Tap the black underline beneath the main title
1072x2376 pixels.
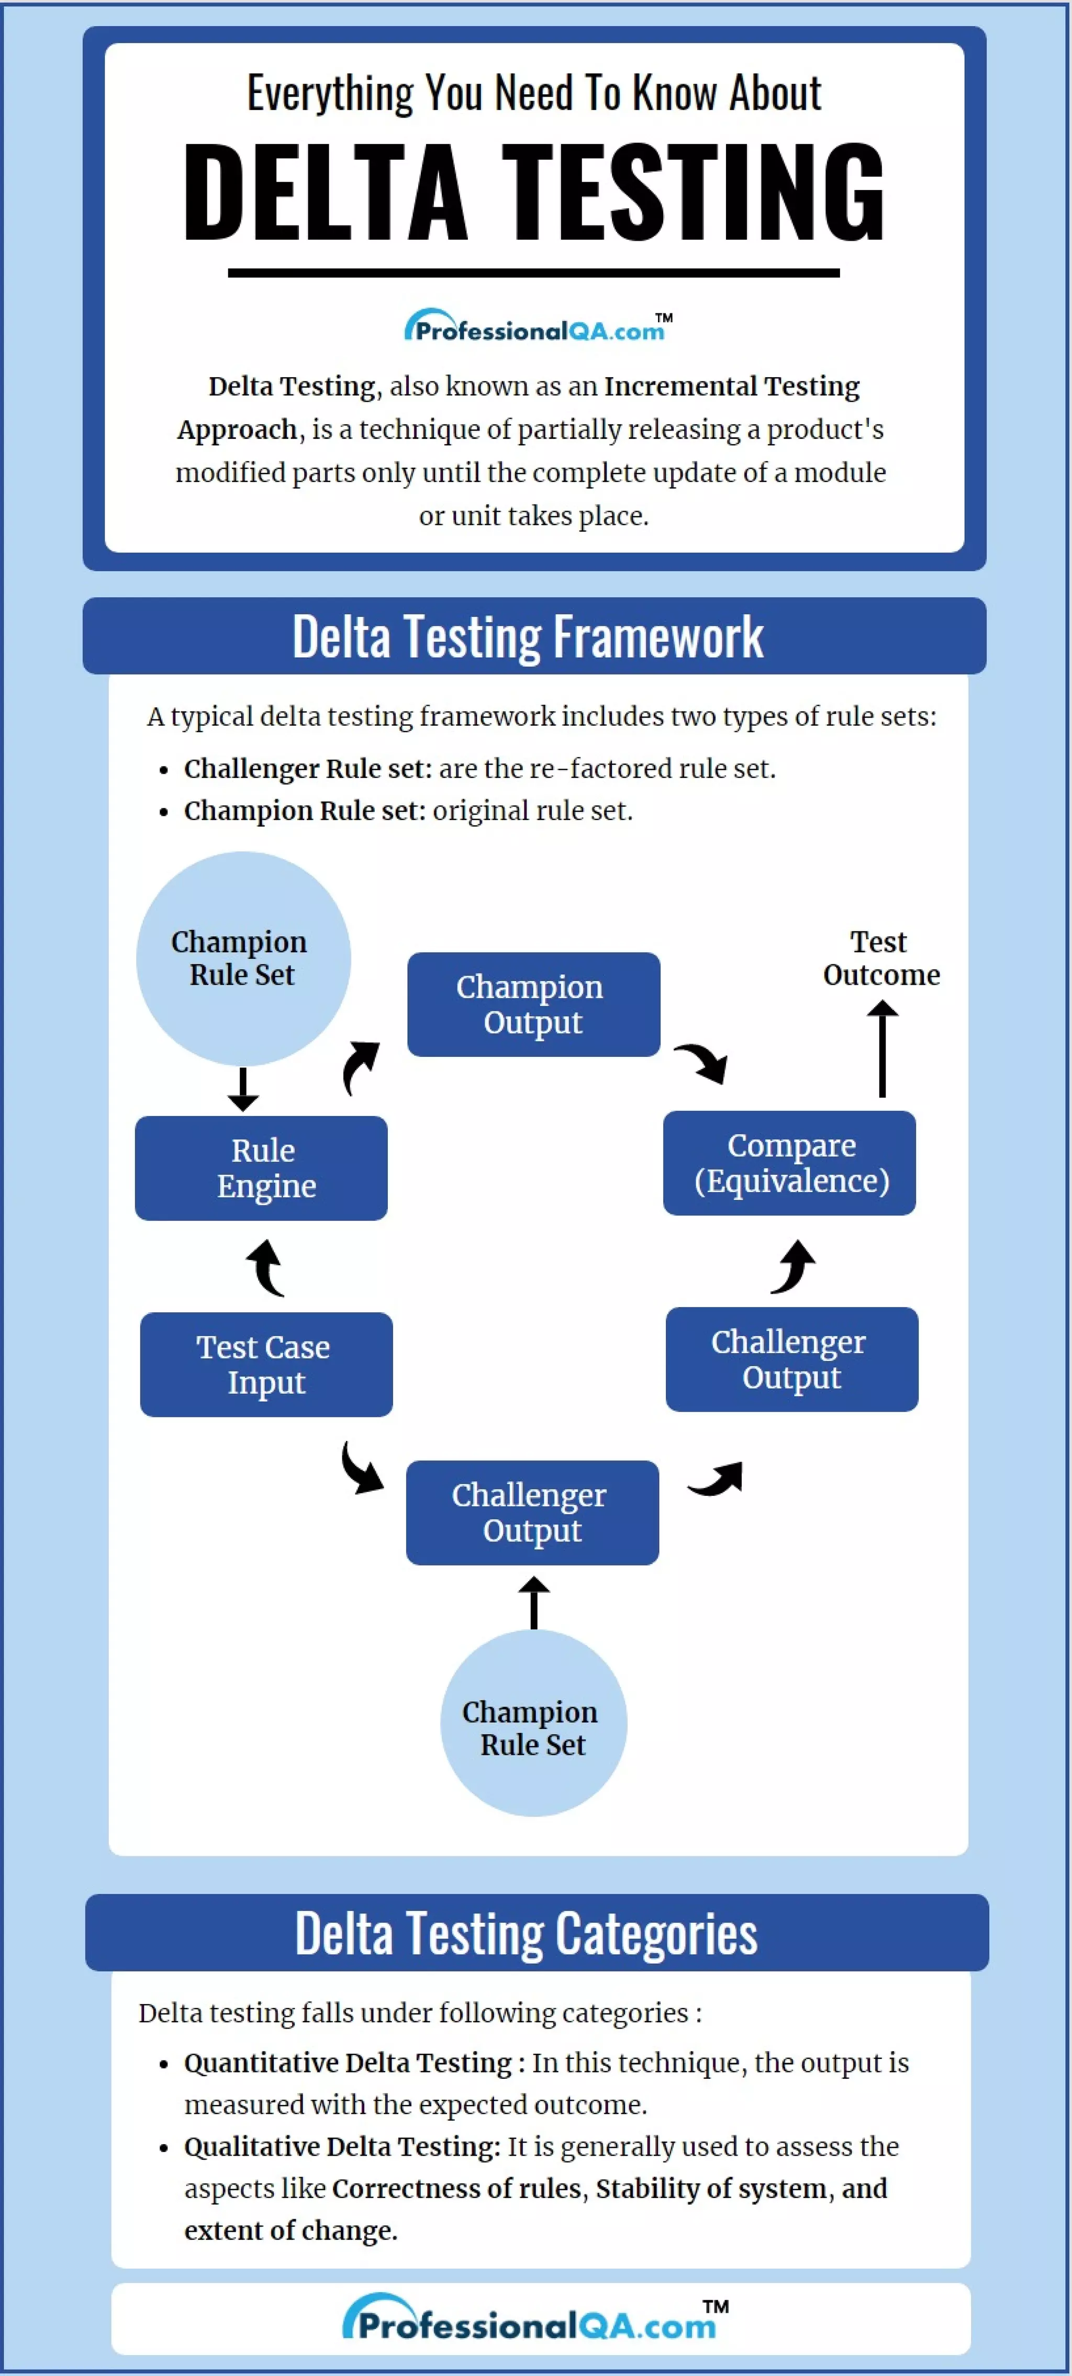click(x=533, y=273)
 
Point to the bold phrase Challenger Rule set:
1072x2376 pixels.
click(x=307, y=768)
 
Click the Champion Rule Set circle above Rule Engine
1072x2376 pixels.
click(x=243, y=959)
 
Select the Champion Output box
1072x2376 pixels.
click(x=533, y=1005)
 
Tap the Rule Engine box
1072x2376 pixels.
click(x=261, y=1168)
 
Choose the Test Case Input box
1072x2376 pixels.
click(x=266, y=1364)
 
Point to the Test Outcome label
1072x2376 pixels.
click(x=881, y=959)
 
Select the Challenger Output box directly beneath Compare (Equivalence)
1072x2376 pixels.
click(x=791, y=1359)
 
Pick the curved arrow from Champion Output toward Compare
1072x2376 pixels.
click(x=703, y=1063)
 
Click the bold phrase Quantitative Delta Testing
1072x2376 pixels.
click(x=348, y=2063)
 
